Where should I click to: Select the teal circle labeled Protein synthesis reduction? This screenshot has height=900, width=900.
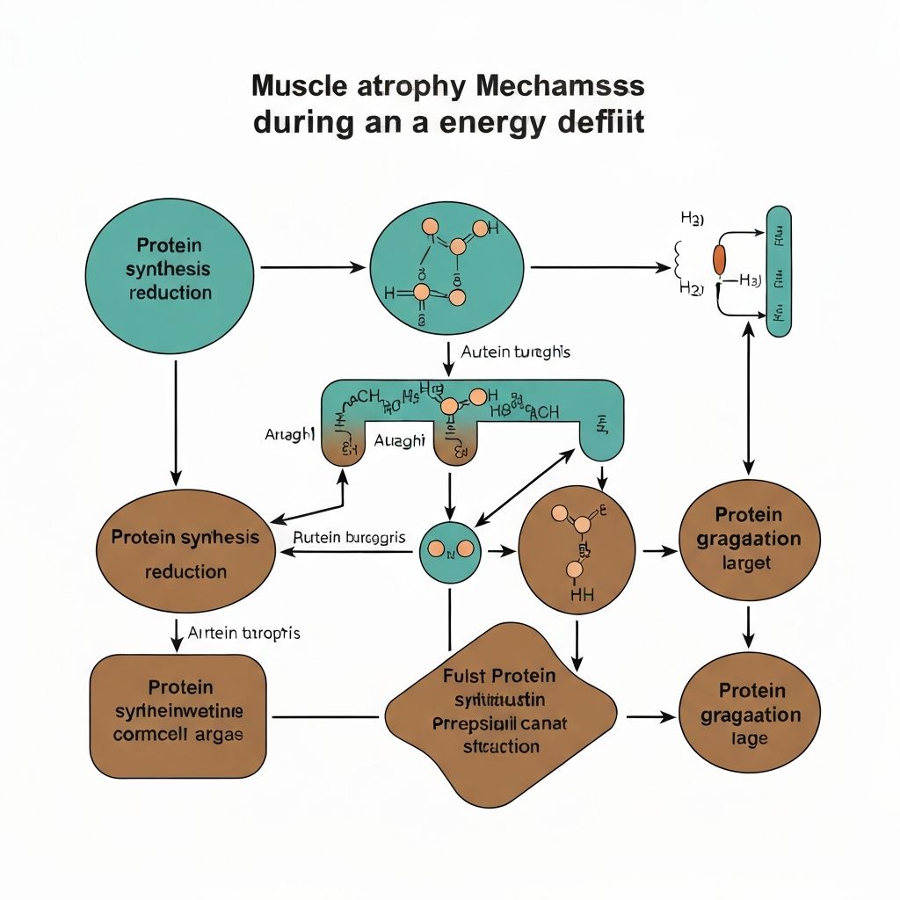coord(170,269)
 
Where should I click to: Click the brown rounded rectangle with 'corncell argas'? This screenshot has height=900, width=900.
coord(178,711)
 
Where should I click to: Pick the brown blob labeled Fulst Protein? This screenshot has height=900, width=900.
coord(497,712)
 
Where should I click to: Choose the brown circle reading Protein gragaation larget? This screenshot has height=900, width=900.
coord(749,539)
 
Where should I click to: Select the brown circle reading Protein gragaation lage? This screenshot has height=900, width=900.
coord(749,715)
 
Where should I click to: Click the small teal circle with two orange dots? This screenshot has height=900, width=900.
coord(450,551)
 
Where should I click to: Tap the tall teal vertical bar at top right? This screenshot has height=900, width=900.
coord(779,271)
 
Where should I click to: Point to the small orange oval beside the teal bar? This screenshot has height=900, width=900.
coord(720,259)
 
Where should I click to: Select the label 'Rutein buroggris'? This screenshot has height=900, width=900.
coord(349,536)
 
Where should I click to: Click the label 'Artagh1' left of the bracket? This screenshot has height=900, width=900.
coord(289,434)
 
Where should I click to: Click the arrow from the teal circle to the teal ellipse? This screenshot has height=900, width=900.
coord(313,266)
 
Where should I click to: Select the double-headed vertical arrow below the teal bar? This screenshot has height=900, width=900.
coord(749,401)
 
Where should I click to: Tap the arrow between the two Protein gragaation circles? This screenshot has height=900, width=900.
coord(748,625)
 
